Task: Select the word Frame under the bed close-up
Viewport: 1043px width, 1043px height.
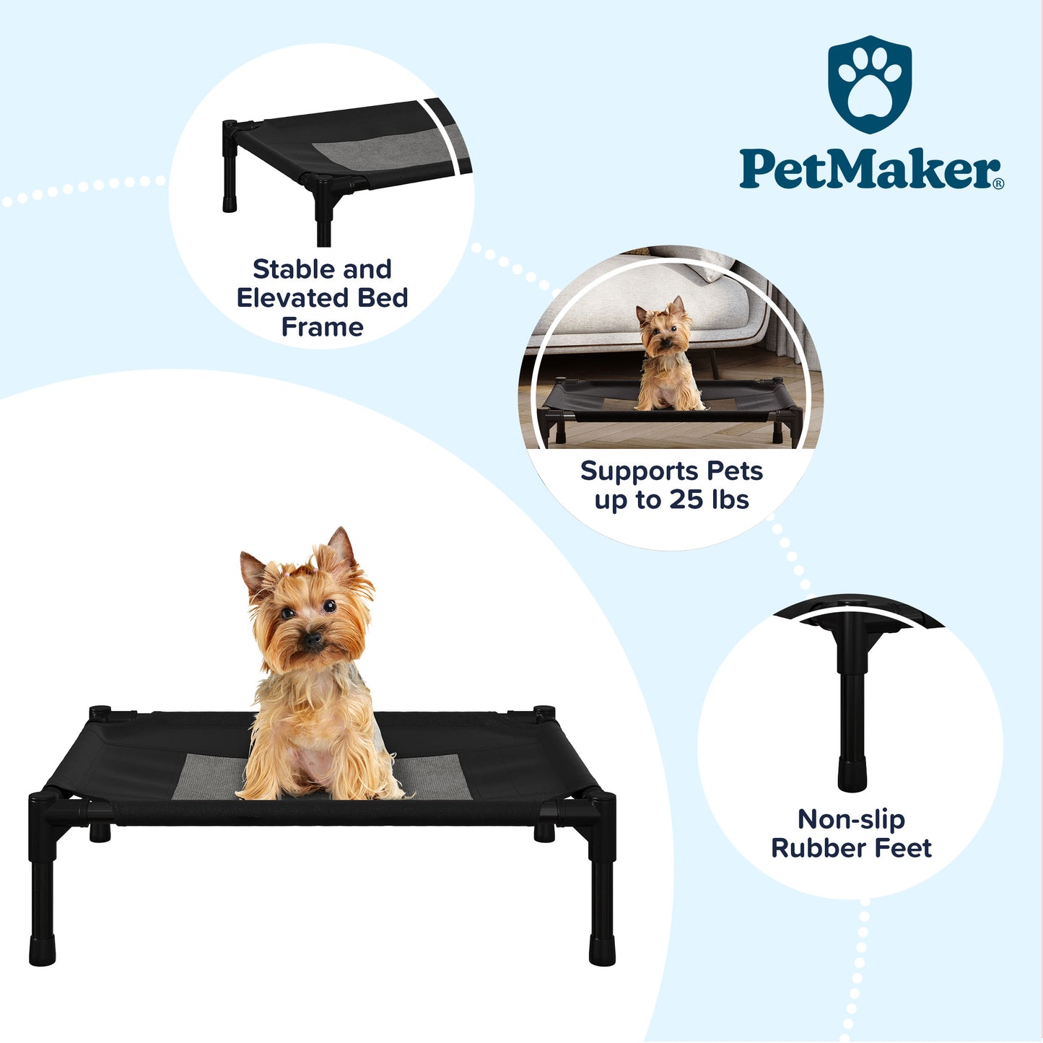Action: (x=322, y=326)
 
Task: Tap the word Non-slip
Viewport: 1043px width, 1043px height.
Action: (x=852, y=820)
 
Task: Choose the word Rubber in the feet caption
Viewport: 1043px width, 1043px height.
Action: (x=811, y=848)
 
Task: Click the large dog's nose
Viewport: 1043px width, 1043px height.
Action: (x=313, y=640)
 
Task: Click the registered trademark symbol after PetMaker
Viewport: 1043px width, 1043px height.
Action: (x=999, y=183)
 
